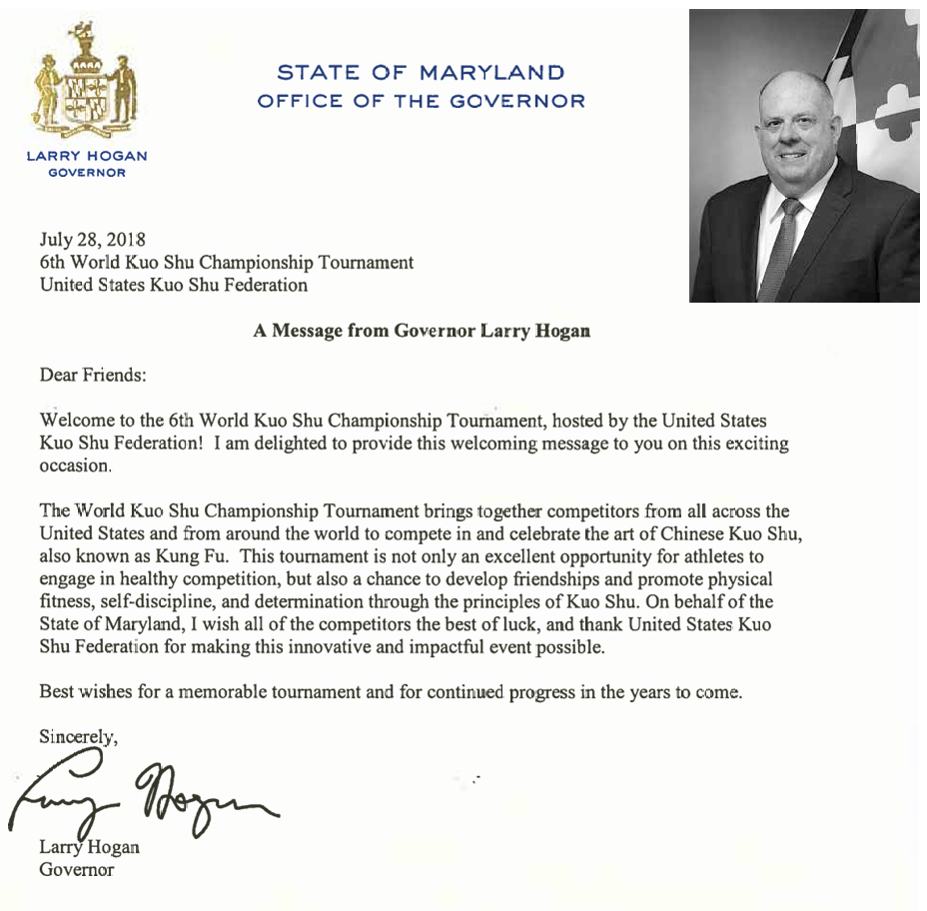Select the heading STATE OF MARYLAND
[421, 73]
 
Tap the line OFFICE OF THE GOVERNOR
[421, 101]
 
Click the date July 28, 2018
[93, 241]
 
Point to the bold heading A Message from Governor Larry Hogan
[422, 332]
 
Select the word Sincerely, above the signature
[79, 738]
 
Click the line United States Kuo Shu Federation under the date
[174, 285]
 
